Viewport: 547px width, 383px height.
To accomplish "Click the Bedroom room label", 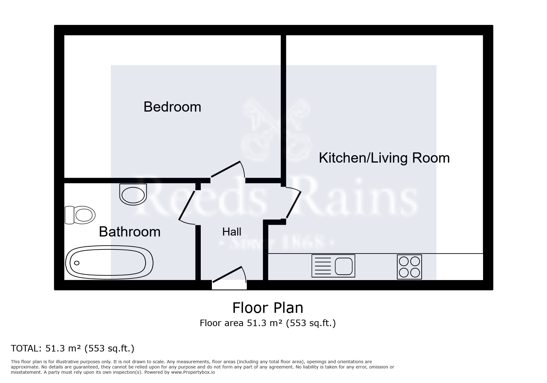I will pyautogui.click(x=172, y=107).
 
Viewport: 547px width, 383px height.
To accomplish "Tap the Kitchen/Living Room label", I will pyautogui.click(x=384, y=158).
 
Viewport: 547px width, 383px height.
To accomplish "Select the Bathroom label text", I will pyautogui.click(x=129, y=232).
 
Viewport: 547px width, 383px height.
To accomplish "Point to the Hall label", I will pyautogui.click(x=232, y=232).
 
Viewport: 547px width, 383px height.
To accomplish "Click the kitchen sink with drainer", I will pyautogui.click(x=333, y=266).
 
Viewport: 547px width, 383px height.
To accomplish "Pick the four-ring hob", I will pyautogui.click(x=409, y=267).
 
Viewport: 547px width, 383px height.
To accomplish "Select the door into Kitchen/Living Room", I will pyautogui.click(x=293, y=204).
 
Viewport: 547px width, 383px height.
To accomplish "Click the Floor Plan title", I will pyautogui.click(x=267, y=308).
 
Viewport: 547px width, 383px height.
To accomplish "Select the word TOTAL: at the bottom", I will pyautogui.click(x=26, y=348).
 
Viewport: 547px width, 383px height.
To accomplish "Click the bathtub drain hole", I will pyautogui.click(x=77, y=263).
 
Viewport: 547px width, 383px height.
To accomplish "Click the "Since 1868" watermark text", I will pyautogui.click(x=276, y=243).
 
